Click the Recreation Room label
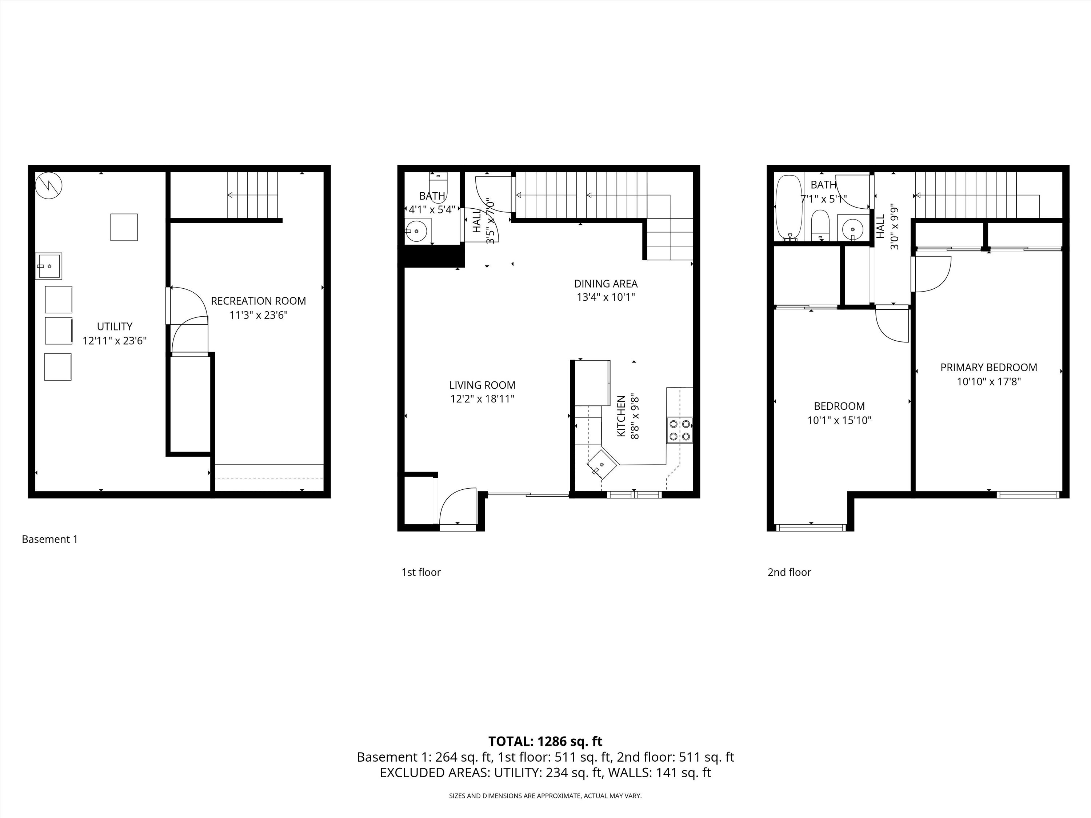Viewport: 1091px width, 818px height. (x=259, y=301)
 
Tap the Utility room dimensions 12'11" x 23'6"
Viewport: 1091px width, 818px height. (x=115, y=341)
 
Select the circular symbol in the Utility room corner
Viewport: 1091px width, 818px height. (x=49, y=185)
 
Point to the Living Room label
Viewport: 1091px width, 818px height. (x=482, y=385)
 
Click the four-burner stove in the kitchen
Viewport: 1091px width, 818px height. (x=679, y=430)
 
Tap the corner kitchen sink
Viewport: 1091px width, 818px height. (x=602, y=464)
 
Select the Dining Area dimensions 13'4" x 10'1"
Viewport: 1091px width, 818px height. (x=606, y=297)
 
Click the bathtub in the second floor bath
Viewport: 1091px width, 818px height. (x=789, y=207)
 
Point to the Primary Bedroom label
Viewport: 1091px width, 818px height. (x=988, y=367)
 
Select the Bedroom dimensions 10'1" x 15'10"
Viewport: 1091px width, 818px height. (x=839, y=421)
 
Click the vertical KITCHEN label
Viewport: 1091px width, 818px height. (x=622, y=416)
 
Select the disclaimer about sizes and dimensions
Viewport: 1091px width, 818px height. (x=545, y=796)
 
